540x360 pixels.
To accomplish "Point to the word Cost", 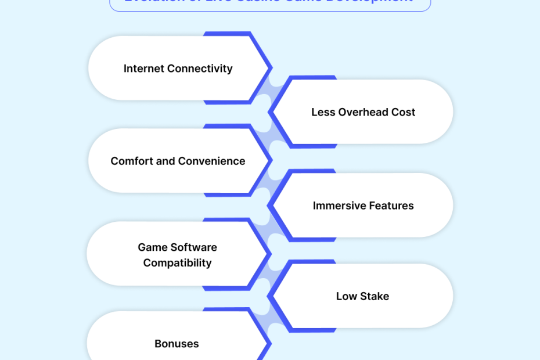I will tap(402, 112).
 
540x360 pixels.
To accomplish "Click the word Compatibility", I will tap(177, 263).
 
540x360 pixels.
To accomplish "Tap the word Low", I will tap(346, 296).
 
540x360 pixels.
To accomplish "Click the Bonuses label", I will tap(177, 344).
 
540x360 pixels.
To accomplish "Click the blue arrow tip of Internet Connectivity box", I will tap(271, 68).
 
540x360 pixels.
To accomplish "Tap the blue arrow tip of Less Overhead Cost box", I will tap(271, 111).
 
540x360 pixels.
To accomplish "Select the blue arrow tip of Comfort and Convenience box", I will tap(271, 160).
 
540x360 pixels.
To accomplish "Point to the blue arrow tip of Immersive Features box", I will tap(271, 205).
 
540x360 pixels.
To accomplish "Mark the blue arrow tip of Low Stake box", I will tap(271, 296).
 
